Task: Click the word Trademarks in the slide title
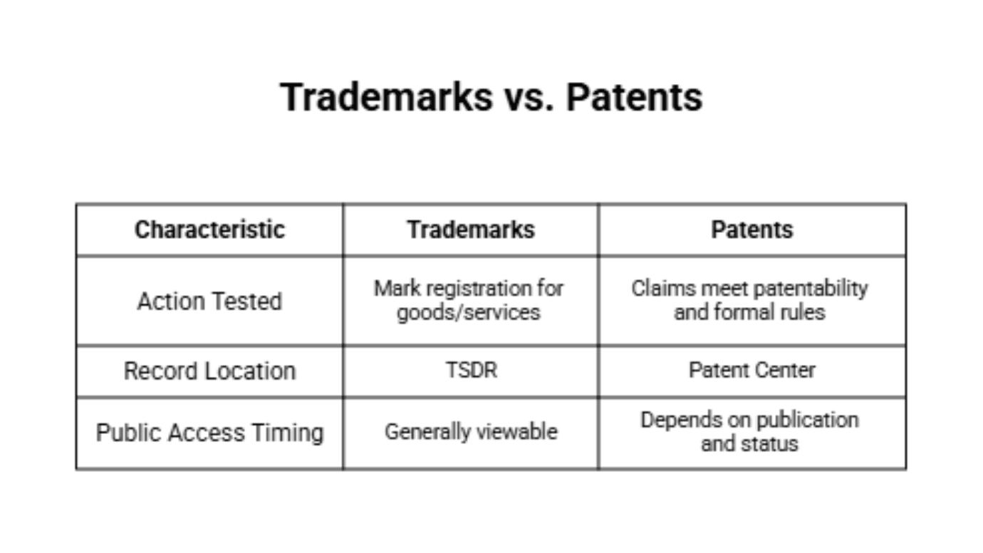385,97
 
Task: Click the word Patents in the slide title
634,97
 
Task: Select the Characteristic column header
209,229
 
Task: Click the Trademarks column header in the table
470,229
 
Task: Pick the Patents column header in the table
751,229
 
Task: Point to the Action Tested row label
209,301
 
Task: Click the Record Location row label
209,371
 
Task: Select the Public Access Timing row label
209,433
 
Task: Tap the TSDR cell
471,371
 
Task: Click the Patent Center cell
751,371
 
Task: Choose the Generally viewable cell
471,432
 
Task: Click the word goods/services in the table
469,312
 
